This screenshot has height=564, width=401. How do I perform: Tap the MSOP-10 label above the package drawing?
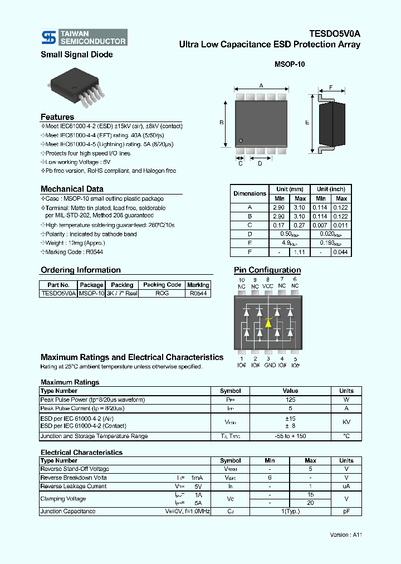point(290,65)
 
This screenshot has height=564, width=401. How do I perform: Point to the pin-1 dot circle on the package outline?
point(241,140)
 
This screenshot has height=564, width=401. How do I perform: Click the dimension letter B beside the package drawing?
point(221,123)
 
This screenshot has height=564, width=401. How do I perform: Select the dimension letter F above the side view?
point(330,87)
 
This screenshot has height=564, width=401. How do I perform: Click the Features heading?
point(57,117)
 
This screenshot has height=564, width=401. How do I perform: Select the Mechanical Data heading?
point(72,189)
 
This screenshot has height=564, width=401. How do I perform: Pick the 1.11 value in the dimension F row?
point(300,252)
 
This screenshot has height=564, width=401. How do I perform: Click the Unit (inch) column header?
point(331,189)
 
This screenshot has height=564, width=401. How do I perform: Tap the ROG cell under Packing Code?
point(162,293)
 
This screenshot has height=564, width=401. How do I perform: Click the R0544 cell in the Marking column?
point(198,293)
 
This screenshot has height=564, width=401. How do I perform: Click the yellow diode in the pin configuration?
point(268,323)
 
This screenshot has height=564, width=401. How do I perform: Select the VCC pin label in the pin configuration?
point(268,286)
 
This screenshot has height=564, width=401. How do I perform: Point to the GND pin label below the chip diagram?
point(270,365)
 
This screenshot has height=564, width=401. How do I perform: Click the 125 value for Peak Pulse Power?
point(290,400)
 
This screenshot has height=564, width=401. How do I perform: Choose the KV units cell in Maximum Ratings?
point(346,422)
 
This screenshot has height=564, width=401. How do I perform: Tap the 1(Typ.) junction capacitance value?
point(290,512)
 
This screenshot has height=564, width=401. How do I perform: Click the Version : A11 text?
point(346,534)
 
